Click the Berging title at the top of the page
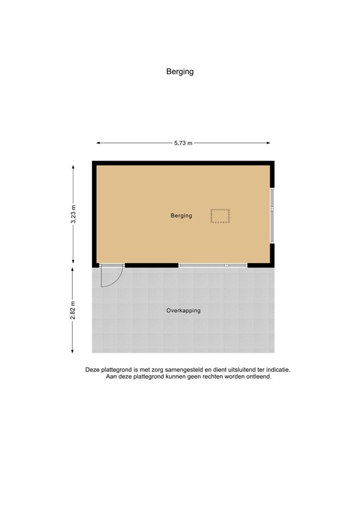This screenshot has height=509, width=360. tap(180, 72)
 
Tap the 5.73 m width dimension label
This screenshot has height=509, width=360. tap(182, 142)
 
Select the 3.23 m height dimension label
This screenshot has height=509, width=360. tap(74, 215)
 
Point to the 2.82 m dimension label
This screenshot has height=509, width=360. tap(74, 310)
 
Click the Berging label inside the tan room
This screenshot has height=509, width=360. tap(181, 215)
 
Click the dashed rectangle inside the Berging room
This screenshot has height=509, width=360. tap(220, 215)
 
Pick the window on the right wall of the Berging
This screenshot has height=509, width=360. tap(272, 209)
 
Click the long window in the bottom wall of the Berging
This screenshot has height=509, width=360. tap(212, 265)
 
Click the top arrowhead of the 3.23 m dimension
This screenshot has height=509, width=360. tap(74, 166)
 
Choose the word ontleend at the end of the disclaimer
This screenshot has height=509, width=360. tap(257, 377)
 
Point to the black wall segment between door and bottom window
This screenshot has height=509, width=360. tap(151, 265)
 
